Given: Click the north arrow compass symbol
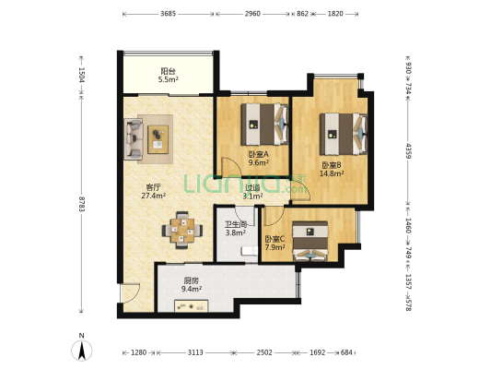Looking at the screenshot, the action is pyautogui.click(x=82, y=351).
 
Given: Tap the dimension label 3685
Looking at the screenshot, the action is pyautogui.click(x=168, y=14).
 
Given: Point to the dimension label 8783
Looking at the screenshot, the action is pyautogui.click(x=82, y=204).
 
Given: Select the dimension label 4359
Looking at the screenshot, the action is pyautogui.click(x=408, y=150).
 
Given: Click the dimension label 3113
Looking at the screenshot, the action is pyautogui.click(x=195, y=352).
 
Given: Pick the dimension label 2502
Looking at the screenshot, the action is pyautogui.click(x=264, y=352).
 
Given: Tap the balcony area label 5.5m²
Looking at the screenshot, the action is pyautogui.click(x=169, y=79).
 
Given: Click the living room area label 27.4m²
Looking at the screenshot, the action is pyautogui.click(x=154, y=196).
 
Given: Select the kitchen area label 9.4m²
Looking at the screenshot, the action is pyautogui.click(x=192, y=289).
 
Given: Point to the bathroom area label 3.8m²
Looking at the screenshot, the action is pyautogui.click(x=236, y=232).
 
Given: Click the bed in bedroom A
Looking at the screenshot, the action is pyautogui.click(x=264, y=125).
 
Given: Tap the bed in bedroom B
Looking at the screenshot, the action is pyautogui.click(x=344, y=134).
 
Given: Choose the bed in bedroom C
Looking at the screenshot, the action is pyautogui.click(x=310, y=241).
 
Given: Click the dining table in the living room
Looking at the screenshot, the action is pyautogui.click(x=182, y=231).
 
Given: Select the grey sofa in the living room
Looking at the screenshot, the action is pyautogui.click(x=134, y=138).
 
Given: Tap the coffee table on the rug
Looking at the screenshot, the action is pyautogui.click(x=158, y=139).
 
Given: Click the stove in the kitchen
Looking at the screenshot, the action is pyautogui.click(x=192, y=306).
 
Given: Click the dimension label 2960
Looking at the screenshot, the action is pyautogui.click(x=252, y=14).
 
